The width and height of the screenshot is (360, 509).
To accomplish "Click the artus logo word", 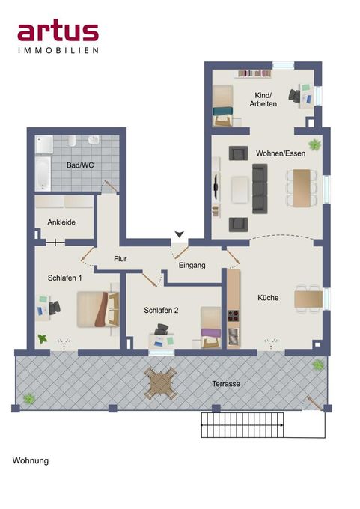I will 58,31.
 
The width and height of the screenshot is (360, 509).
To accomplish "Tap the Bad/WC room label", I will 79,165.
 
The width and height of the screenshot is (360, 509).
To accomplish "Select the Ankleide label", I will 61,222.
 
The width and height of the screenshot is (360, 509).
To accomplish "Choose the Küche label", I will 268,298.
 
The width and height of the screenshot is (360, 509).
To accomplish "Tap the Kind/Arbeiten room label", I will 263,98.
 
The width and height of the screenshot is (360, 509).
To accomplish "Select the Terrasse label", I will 225,383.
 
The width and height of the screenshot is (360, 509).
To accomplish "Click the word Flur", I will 120,260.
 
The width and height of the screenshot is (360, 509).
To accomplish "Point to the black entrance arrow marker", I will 178,235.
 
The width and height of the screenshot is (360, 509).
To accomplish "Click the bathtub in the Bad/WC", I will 43,174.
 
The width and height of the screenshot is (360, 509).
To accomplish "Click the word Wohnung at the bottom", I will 31,460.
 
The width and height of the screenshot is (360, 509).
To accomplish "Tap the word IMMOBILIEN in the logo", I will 58,50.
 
